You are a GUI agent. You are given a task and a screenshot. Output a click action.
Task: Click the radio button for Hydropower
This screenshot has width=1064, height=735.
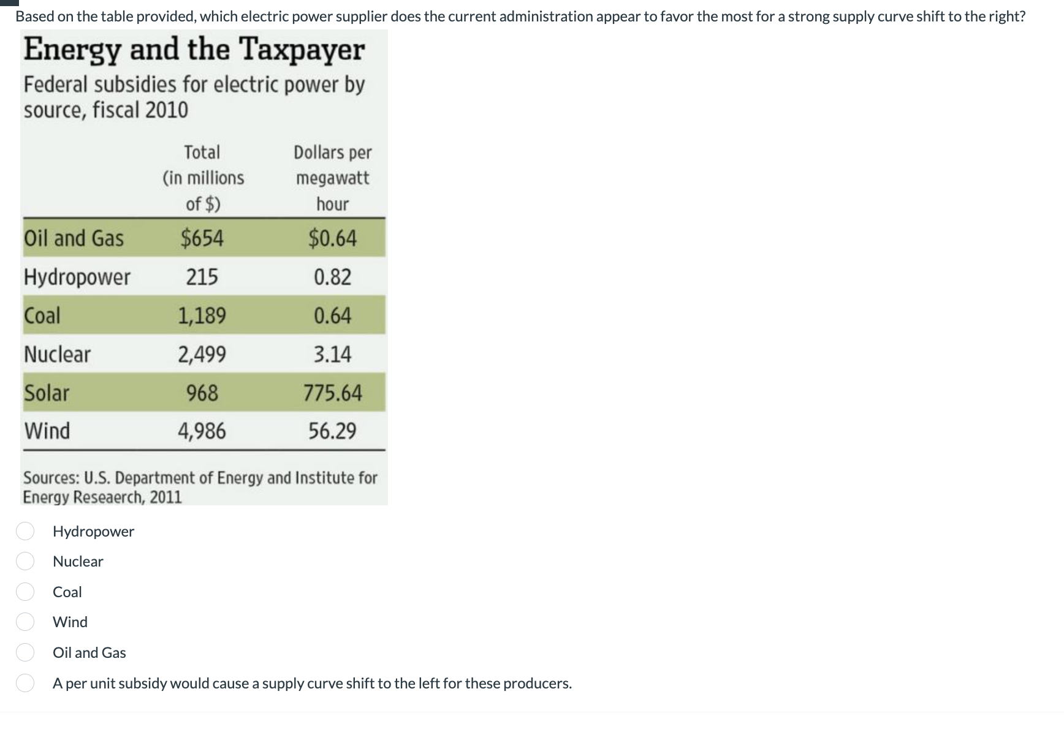click(x=25, y=531)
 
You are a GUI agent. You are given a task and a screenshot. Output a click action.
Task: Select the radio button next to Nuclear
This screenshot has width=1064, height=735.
click(x=25, y=561)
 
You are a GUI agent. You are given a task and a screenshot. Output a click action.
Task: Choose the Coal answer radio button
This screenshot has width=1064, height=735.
click(x=25, y=592)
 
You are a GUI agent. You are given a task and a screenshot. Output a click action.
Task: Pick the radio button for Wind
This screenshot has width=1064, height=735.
click(x=25, y=622)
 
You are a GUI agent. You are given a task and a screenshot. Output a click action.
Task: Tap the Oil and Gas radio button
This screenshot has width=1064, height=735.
click(x=25, y=652)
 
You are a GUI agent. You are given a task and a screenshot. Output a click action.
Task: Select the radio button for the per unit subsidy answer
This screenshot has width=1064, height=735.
click(x=25, y=683)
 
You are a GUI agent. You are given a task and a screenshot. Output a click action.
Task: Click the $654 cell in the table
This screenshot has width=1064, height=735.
click(x=202, y=238)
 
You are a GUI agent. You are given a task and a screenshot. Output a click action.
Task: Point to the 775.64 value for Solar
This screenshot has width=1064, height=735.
click(x=333, y=393)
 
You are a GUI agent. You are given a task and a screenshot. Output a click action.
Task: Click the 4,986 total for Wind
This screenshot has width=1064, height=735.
click(x=202, y=431)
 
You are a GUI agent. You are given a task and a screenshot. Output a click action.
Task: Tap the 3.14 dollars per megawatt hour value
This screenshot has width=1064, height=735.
click(x=333, y=354)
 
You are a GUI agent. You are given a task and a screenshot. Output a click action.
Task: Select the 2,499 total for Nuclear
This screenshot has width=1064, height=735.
click(x=202, y=354)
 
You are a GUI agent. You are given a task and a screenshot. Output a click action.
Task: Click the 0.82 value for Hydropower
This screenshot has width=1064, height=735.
click(x=333, y=277)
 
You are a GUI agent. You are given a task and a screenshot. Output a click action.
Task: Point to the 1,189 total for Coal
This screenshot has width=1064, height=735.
click(x=202, y=315)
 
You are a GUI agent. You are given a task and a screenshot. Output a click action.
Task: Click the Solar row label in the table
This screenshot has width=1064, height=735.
click(x=47, y=393)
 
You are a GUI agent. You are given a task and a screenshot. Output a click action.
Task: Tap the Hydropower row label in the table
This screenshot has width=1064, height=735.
click(x=77, y=277)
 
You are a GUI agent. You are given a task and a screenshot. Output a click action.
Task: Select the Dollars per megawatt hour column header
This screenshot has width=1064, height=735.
click(x=333, y=178)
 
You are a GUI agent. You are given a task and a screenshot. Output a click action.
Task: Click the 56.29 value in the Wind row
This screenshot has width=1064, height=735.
click(x=332, y=431)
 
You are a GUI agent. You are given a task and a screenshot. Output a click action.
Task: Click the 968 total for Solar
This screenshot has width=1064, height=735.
click(x=202, y=393)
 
